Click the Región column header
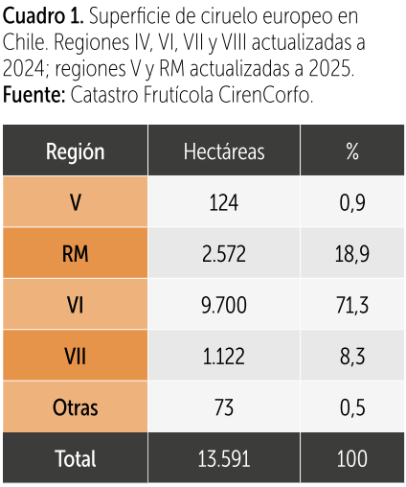click(76, 151)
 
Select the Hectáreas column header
click(224, 151)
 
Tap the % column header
click(352, 151)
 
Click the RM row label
click(76, 254)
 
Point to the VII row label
click(76, 357)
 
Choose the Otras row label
click(76, 407)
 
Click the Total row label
click(76, 459)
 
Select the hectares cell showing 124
click(224, 202)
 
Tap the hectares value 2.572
click(224, 254)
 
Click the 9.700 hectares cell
click(224, 305)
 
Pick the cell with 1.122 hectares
click(224, 357)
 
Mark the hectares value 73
click(224, 407)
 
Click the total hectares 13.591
click(224, 459)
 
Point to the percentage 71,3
click(352, 305)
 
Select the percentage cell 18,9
click(352, 254)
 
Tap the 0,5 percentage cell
click(352, 407)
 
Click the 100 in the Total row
click(352, 459)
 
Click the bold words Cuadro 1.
click(43, 16)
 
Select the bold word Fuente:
click(34, 95)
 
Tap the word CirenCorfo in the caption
click(265, 95)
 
